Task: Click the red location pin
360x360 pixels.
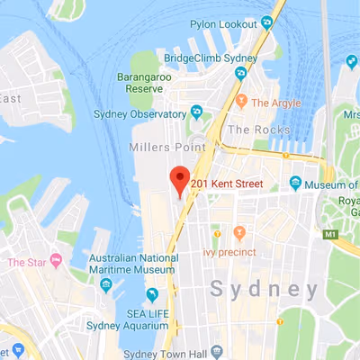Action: (x=179, y=179)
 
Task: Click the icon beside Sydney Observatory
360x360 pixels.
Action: (x=196, y=112)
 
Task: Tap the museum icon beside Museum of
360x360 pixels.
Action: (x=294, y=184)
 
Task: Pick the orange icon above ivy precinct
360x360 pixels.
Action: (x=238, y=233)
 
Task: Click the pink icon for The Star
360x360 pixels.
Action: (x=57, y=262)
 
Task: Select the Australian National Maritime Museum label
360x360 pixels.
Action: (x=131, y=264)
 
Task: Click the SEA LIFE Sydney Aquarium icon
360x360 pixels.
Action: (x=152, y=294)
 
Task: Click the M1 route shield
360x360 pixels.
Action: (x=331, y=234)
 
